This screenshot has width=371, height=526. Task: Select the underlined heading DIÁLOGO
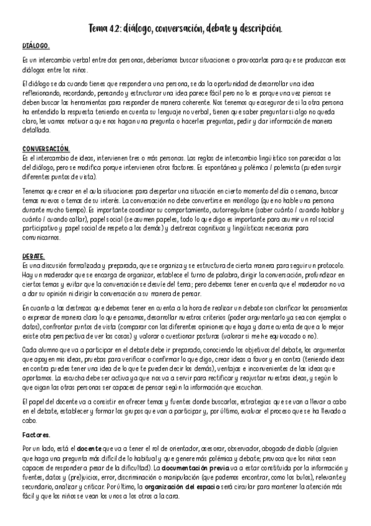36,47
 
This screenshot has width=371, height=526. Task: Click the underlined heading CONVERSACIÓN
46,149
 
